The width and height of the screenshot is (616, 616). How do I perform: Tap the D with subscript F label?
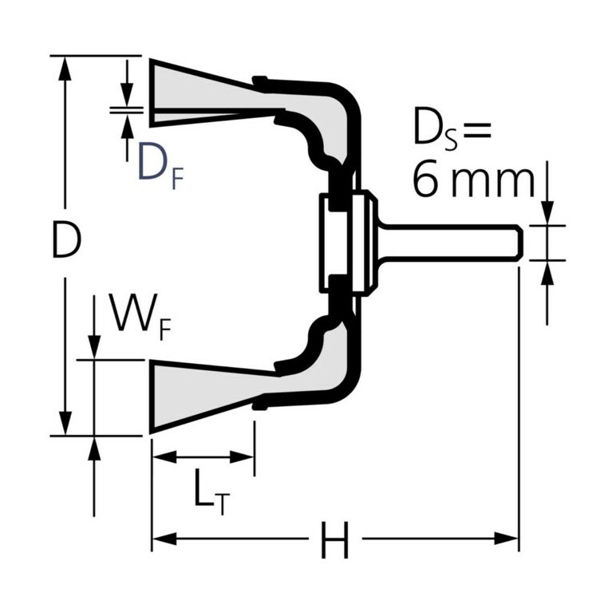pyautogui.click(x=160, y=163)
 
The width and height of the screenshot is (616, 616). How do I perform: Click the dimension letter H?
pyautogui.click(x=334, y=543)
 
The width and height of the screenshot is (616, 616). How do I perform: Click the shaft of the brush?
pyautogui.click(x=447, y=243)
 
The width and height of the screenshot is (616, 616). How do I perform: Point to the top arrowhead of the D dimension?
pyautogui.click(x=66, y=67)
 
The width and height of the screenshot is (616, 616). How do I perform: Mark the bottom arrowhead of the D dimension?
pyautogui.click(x=66, y=424)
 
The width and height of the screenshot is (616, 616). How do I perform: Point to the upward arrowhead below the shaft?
pyautogui.click(x=547, y=272)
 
